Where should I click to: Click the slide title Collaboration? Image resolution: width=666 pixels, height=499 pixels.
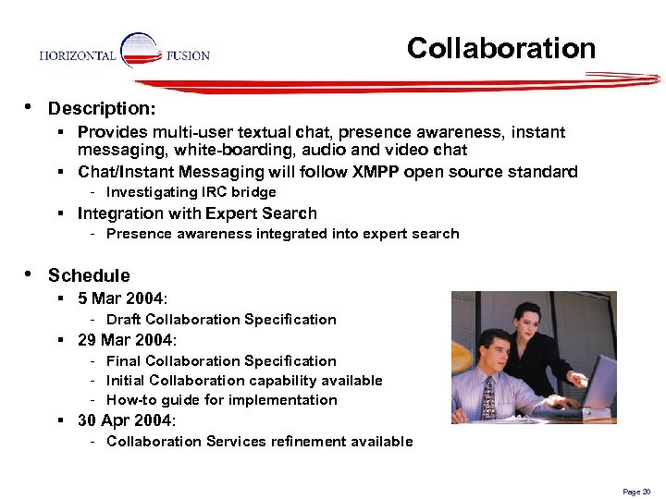point(501,48)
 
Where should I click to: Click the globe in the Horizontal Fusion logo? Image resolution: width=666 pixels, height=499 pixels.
point(141,51)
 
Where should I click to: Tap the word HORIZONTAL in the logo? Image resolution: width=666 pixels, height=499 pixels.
point(78,55)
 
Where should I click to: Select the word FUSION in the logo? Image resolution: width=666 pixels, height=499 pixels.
point(188,55)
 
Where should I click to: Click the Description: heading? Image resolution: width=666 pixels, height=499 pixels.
point(102,109)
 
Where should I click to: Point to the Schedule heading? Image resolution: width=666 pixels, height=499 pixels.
point(89,275)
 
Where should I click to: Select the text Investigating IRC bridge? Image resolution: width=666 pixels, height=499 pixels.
point(191,192)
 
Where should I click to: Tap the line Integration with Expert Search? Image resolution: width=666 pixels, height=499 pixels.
point(197,213)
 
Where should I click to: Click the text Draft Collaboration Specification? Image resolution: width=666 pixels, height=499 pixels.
point(221,320)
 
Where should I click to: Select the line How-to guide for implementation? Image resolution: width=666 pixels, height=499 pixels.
point(221,400)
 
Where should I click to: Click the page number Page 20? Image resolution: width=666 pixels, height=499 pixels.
point(637,492)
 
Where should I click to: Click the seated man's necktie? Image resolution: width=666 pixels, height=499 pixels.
point(489,396)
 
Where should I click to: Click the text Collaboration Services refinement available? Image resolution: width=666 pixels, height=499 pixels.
point(259,442)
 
